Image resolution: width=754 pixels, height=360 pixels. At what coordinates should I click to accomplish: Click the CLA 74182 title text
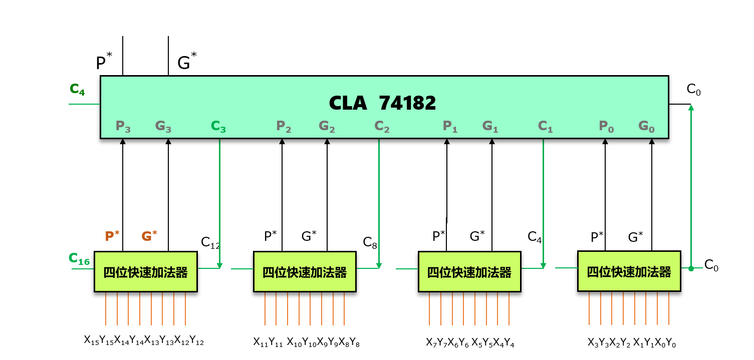tap(382, 103)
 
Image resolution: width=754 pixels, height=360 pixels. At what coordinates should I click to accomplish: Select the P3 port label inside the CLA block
tap(123, 126)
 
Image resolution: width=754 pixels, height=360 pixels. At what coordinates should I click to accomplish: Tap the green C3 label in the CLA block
tap(218, 126)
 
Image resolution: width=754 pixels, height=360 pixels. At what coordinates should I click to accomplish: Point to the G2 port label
tap(327, 126)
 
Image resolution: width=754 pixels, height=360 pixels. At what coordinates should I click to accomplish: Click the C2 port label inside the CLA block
tap(382, 126)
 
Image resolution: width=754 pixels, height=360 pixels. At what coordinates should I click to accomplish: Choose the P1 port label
tap(450, 126)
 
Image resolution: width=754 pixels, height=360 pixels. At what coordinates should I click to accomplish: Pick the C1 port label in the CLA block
tap(545, 126)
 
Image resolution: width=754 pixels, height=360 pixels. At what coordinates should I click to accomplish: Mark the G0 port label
tap(646, 126)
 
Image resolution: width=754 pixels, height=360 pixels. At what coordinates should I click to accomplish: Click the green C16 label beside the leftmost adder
tap(79, 259)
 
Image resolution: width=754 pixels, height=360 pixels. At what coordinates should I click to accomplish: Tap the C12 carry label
tap(210, 242)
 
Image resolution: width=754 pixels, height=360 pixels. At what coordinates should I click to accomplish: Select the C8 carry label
tap(370, 242)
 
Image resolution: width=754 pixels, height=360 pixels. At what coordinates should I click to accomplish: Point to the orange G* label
tap(149, 236)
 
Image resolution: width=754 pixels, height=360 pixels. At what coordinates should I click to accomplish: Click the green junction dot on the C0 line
tap(691, 269)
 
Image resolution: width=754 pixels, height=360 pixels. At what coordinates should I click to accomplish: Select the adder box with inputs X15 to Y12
tap(146, 272)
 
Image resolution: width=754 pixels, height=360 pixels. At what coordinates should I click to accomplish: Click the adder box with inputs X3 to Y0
tap(629, 271)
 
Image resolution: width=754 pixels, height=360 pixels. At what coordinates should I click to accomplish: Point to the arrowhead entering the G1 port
tap(491, 142)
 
